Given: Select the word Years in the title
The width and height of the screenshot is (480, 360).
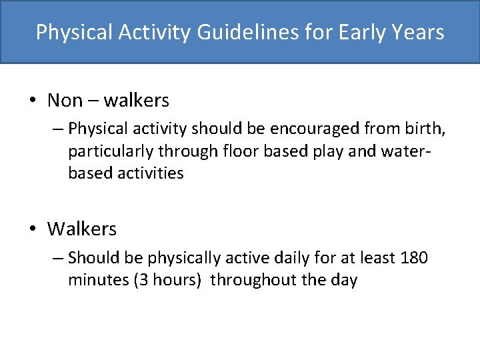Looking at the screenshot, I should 418,32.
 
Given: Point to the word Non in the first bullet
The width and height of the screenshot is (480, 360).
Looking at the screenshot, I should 65,101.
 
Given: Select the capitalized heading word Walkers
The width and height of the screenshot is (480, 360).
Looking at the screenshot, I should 81,229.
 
